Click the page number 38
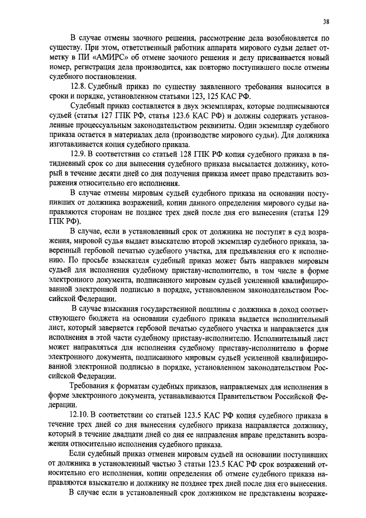[x=325, y=22]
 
